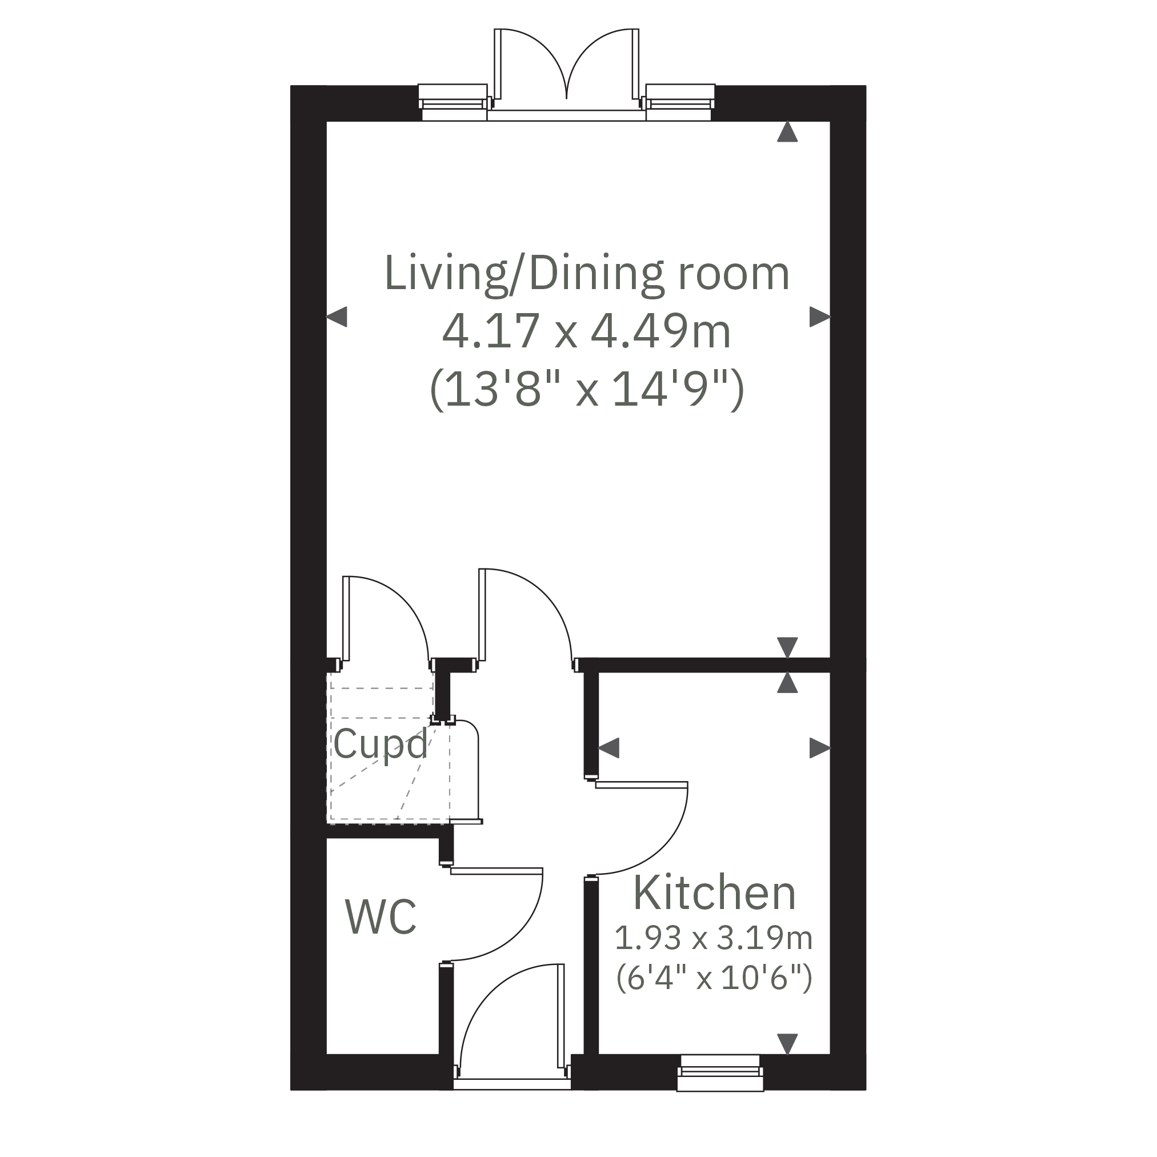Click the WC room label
(x=381, y=917)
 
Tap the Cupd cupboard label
(x=381, y=744)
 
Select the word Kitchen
(x=714, y=893)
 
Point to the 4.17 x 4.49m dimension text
(x=587, y=331)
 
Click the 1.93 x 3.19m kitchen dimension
(x=714, y=938)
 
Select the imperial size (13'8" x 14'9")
(x=587, y=389)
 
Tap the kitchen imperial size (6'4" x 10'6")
(x=714, y=978)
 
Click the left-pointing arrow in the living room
(x=337, y=316)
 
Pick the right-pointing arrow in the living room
(x=820, y=316)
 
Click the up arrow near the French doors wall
(x=787, y=132)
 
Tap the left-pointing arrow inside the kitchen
(x=608, y=748)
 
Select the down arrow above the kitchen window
(x=787, y=1044)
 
